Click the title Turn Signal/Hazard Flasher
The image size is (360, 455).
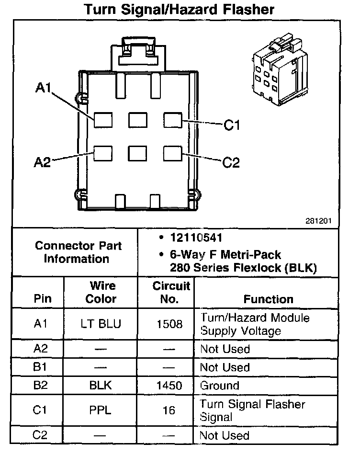180,10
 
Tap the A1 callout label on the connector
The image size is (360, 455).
43,88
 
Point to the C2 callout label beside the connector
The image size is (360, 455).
231,163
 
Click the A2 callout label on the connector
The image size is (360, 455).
42,163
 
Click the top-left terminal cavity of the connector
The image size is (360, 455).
102,119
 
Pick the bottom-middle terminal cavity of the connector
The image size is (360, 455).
137,153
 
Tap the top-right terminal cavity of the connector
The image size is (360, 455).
172,119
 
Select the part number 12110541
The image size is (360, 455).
196,238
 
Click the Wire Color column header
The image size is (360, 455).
101,293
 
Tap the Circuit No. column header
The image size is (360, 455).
171,293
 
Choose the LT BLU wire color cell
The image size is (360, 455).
101,324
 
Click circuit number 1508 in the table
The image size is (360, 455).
170,324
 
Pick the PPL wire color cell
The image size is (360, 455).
101,410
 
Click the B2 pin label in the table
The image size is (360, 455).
41,386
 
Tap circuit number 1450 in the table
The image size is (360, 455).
170,386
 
